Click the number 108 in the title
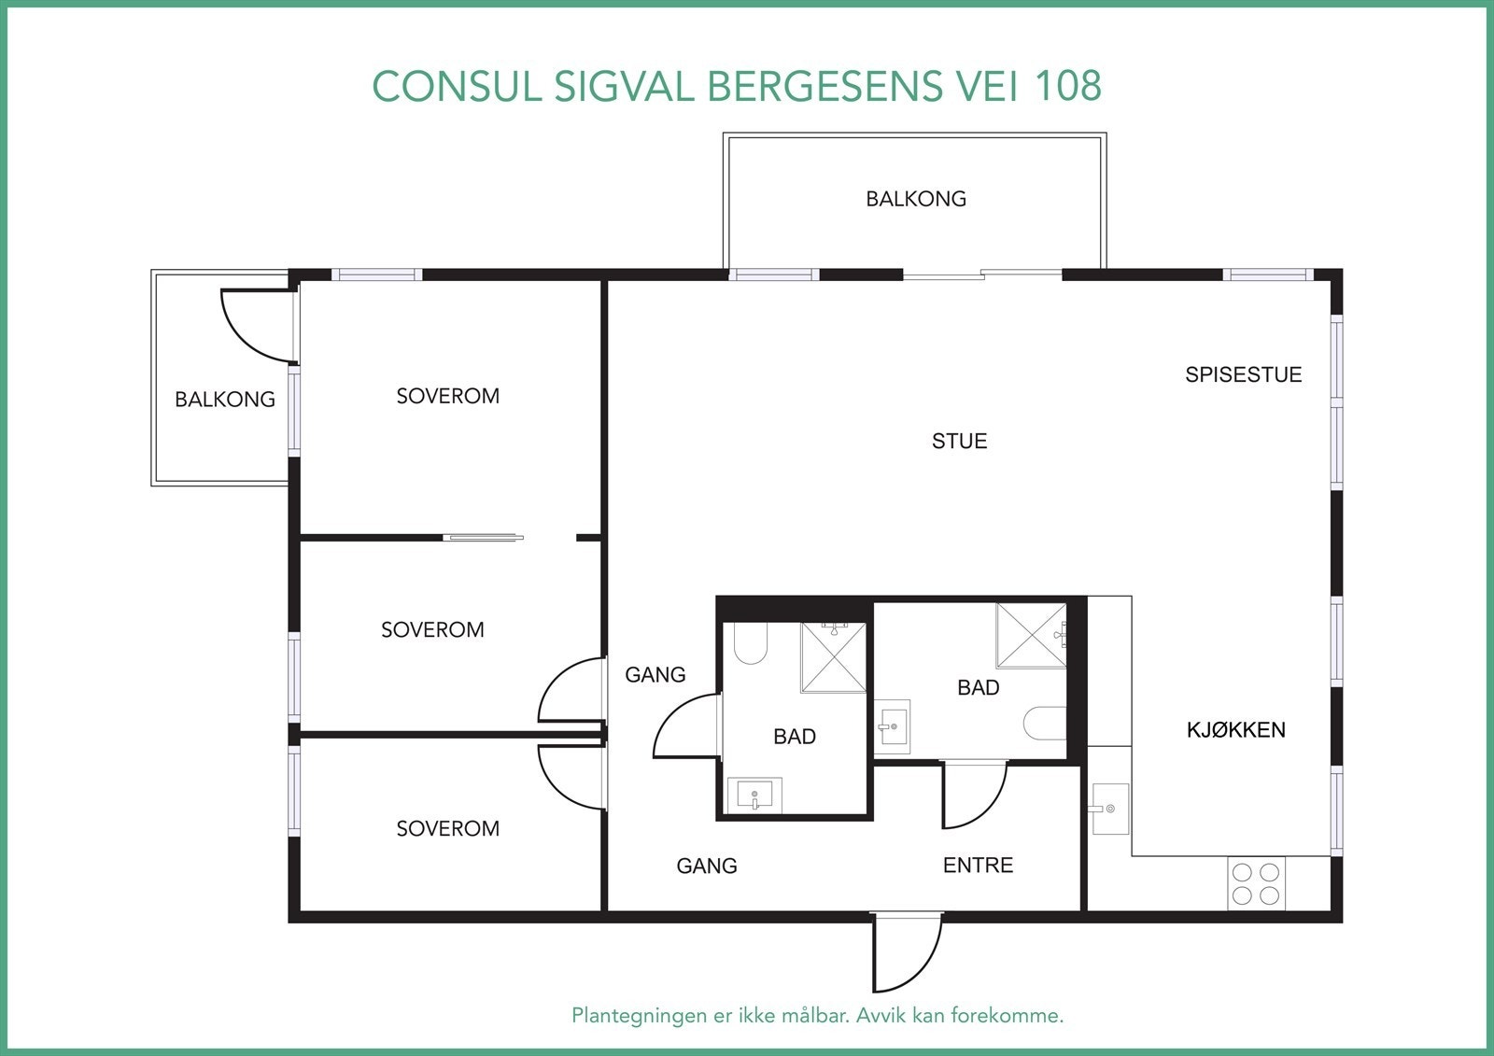pos(1068,86)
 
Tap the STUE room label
pos(959,441)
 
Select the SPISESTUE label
pos(1243,374)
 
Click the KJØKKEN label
pos(1235,730)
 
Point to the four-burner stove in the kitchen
pos(1255,884)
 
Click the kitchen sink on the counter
pos(1109,809)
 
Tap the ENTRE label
pos(978,866)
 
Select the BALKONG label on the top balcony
pos(915,199)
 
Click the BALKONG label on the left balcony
pos(225,400)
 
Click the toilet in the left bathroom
pos(750,643)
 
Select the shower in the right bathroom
pos(1031,636)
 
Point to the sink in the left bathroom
pos(754,796)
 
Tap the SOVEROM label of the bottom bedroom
pos(447,828)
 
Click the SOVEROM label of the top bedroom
pos(447,396)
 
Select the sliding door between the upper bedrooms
pos(484,538)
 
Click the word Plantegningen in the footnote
pos(639,1015)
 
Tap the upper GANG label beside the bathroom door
pos(655,674)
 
